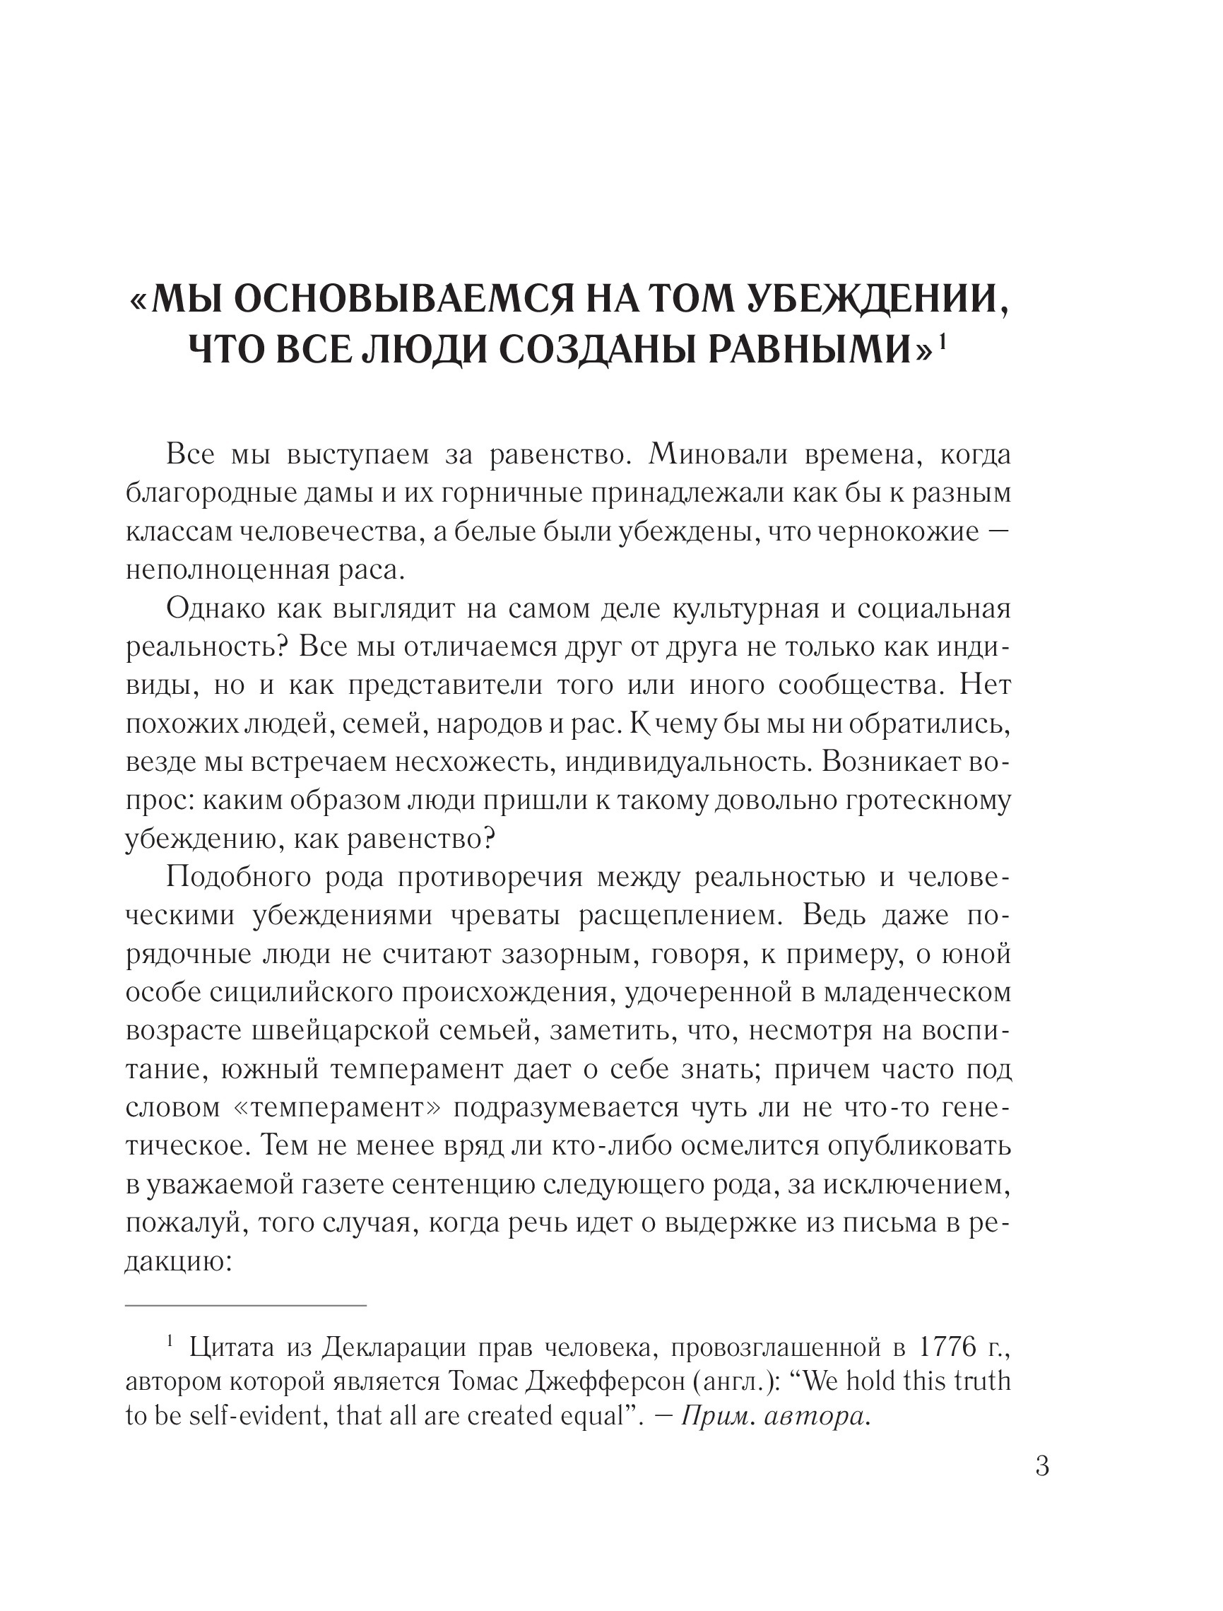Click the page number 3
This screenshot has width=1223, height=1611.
point(1041,1465)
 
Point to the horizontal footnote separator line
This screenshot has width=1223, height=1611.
point(245,1305)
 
